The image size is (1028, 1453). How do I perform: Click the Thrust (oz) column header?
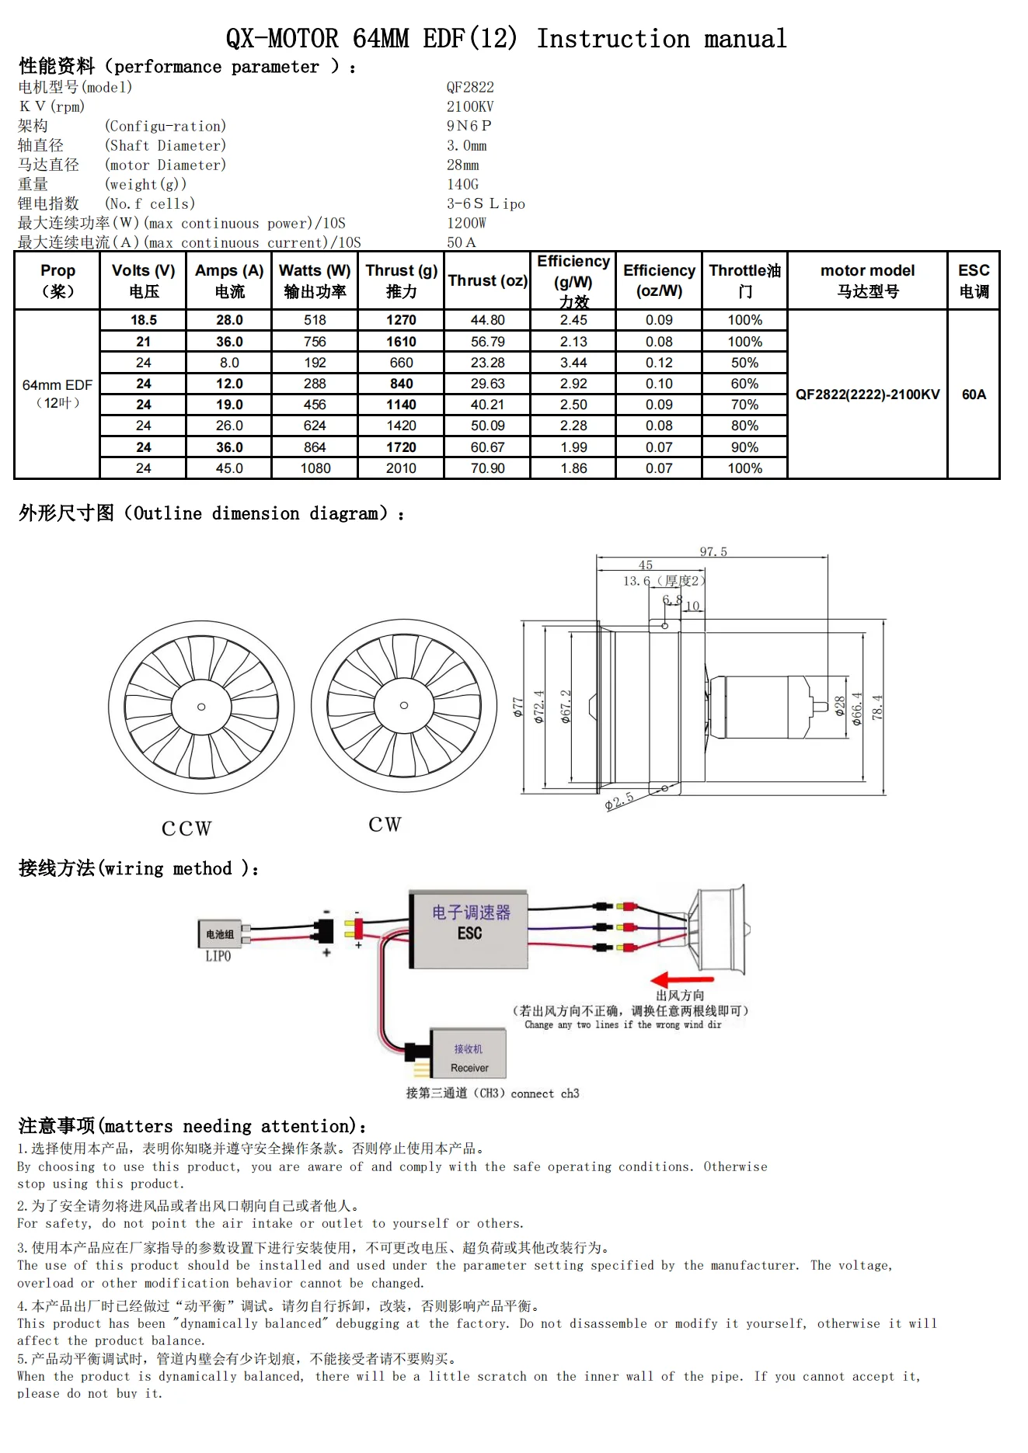click(x=487, y=281)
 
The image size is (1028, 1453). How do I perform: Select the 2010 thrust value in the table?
click(x=401, y=468)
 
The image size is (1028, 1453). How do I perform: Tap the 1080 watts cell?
click(x=315, y=468)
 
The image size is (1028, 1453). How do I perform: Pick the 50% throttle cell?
click(x=744, y=363)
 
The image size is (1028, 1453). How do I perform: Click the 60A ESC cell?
click(x=974, y=395)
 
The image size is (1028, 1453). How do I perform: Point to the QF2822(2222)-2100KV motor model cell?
click(x=867, y=395)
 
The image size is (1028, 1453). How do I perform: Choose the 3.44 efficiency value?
click(x=573, y=363)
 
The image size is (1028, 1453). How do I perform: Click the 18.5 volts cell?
click(x=144, y=320)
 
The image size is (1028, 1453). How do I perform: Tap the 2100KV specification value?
click(x=470, y=106)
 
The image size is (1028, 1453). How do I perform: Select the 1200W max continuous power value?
click(x=466, y=223)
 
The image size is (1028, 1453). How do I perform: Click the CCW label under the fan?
click(x=186, y=829)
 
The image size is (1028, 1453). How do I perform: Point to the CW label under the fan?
click(x=385, y=825)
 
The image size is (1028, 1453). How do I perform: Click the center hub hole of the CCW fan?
click(x=201, y=707)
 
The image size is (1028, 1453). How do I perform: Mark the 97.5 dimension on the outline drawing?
click(x=713, y=552)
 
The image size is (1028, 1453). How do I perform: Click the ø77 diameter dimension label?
click(x=518, y=707)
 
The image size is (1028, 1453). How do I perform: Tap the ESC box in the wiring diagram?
click(x=469, y=930)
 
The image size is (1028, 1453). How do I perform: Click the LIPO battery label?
click(x=218, y=956)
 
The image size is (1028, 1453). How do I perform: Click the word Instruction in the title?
click(x=612, y=39)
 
